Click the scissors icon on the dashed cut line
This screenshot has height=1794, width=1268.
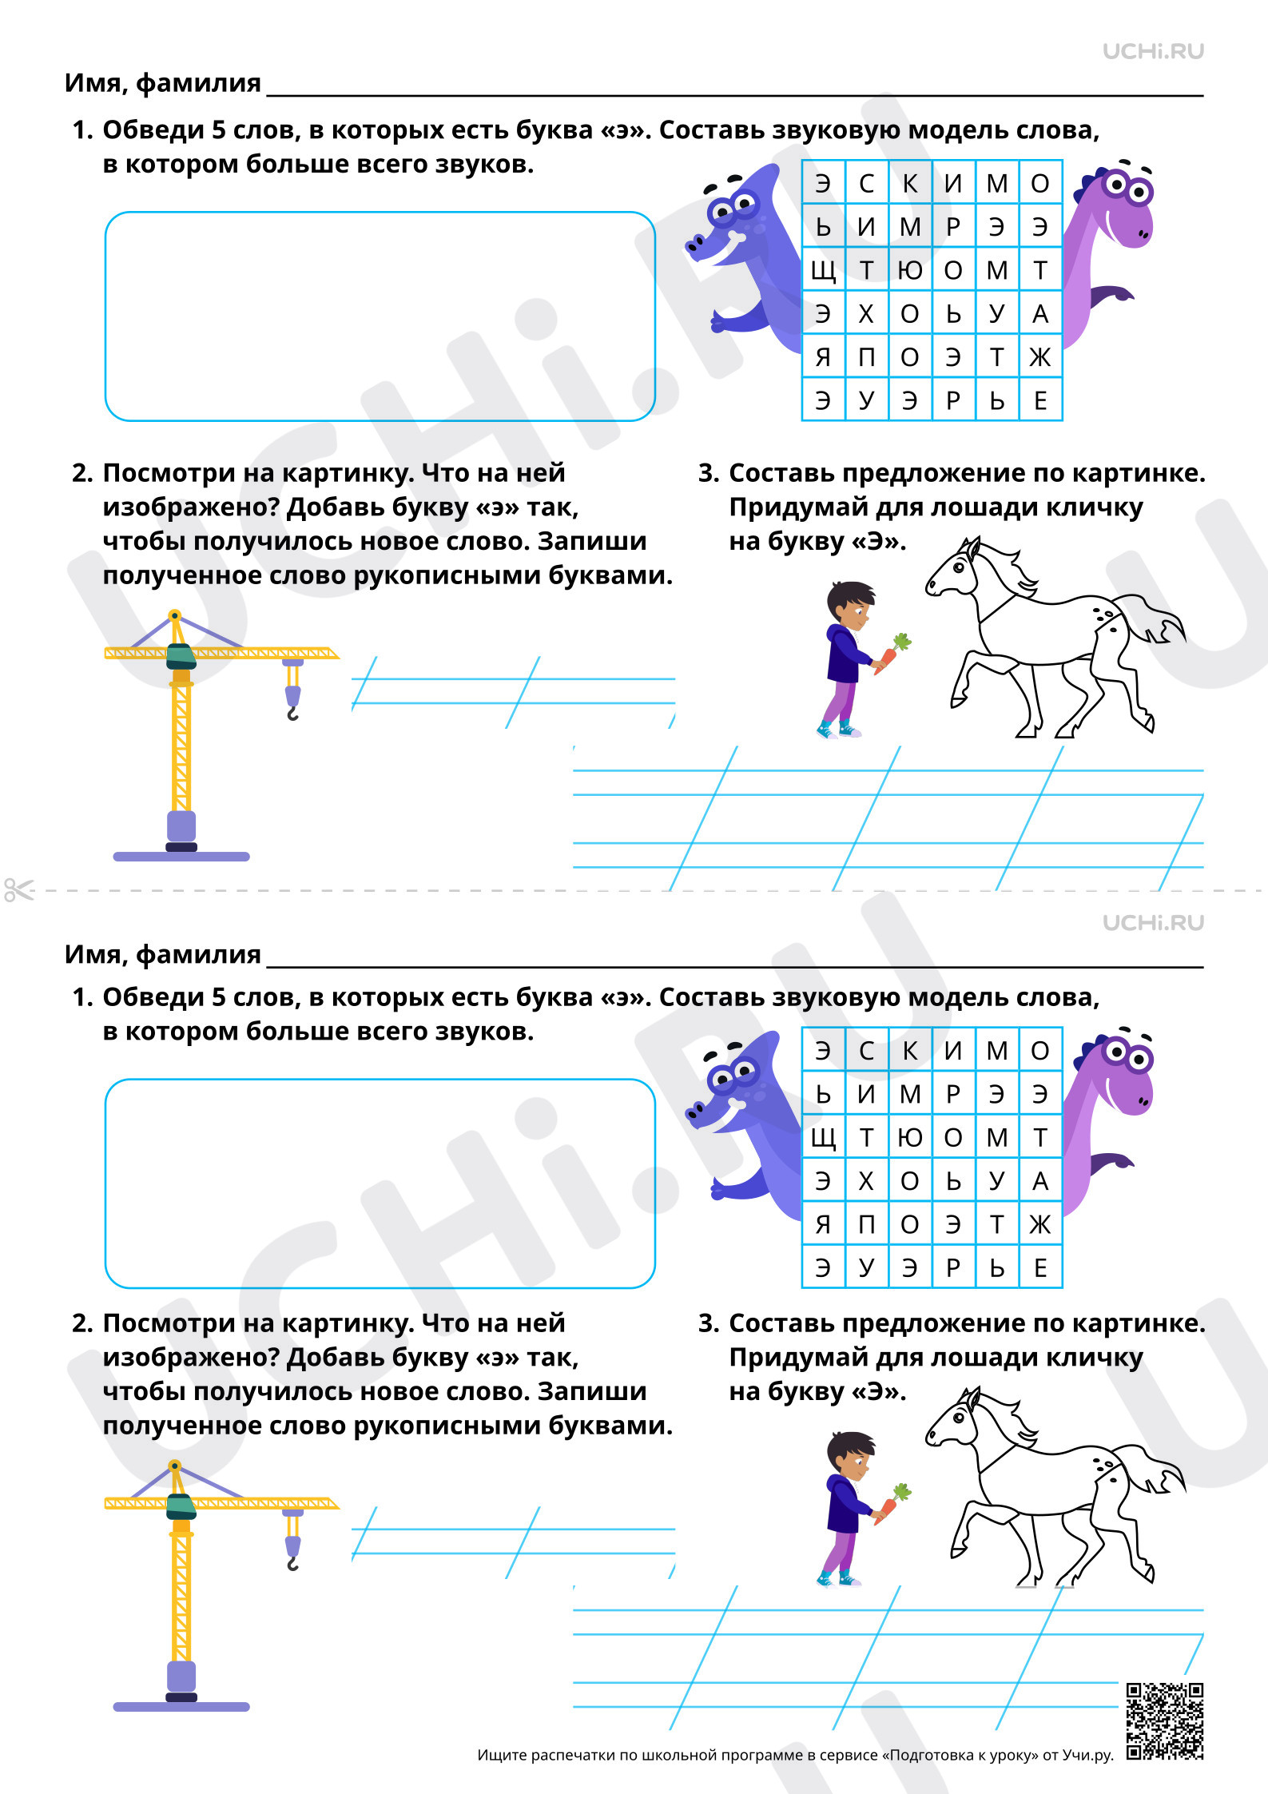tap(18, 889)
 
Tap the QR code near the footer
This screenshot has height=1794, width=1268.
tap(1165, 1721)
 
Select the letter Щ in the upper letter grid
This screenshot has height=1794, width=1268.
tap(823, 271)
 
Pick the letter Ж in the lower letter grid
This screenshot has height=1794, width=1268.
tap(1040, 1224)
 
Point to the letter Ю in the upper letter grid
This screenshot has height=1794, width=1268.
tap(910, 271)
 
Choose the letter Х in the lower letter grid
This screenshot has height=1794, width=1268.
tap(866, 1181)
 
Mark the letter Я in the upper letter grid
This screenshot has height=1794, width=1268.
tap(823, 357)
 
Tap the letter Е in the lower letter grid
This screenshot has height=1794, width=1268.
tap(1040, 1267)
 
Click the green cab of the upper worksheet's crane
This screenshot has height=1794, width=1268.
tap(181, 656)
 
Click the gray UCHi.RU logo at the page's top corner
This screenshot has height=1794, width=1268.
tap(1153, 51)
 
